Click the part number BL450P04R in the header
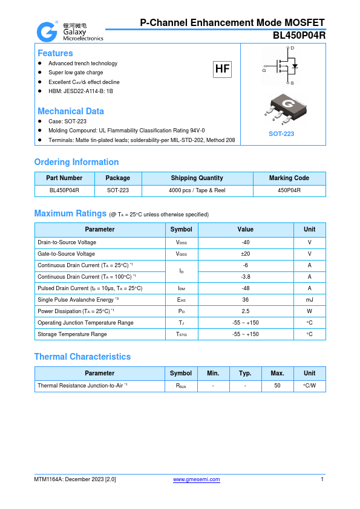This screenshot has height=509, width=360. pyautogui.click(x=299, y=35)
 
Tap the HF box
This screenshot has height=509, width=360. pyautogui.click(x=223, y=69)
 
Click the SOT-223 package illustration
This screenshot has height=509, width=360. pyautogui.click(x=282, y=108)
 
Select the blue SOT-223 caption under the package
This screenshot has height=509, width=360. pyautogui.click(x=281, y=134)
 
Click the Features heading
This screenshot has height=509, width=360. pyautogui.click(x=55, y=53)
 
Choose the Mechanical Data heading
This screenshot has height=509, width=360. pyautogui.click(x=70, y=111)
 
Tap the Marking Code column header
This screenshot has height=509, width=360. pyautogui.click(x=289, y=178)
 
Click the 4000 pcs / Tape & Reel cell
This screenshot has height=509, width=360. pyautogui.click(x=197, y=190)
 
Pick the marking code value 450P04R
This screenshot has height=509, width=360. pyautogui.click(x=289, y=190)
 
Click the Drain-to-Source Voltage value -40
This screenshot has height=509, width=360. pyautogui.click(x=245, y=242)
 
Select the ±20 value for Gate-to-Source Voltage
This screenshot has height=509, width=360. pyautogui.click(x=245, y=254)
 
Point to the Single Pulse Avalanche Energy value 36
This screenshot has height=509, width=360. pyautogui.click(x=245, y=300)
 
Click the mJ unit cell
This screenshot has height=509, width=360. pyautogui.click(x=309, y=300)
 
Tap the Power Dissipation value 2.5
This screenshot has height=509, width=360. pyautogui.click(x=245, y=311)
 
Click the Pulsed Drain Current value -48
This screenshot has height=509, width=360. pyautogui.click(x=245, y=288)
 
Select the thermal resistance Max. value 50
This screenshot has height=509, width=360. pyautogui.click(x=277, y=385)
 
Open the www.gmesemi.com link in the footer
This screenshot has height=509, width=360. pyautogui.click(x=197, y=479)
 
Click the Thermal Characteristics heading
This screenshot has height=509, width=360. pyautogui.click(x=82, y=357)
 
